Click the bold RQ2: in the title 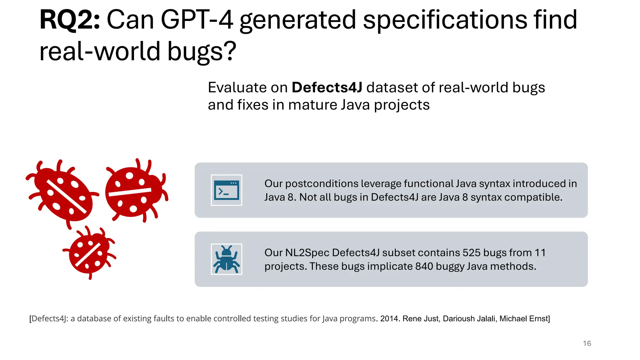[69, 20]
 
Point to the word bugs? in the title [202, 52]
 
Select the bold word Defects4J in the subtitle [327, 87]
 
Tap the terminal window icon [227, 190]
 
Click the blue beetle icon [227, 259]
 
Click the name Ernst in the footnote [539, 319]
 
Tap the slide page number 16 [587, 343]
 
